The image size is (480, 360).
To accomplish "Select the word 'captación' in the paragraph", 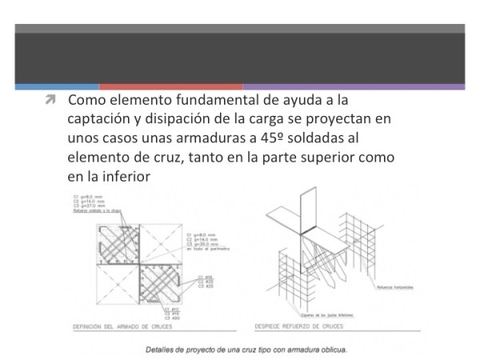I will coord(100,119).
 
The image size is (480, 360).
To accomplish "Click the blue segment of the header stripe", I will coord(57,86).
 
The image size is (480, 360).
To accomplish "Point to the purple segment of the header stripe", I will coord(353,86).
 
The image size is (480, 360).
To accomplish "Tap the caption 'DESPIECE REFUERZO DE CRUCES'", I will coord(300,326).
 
